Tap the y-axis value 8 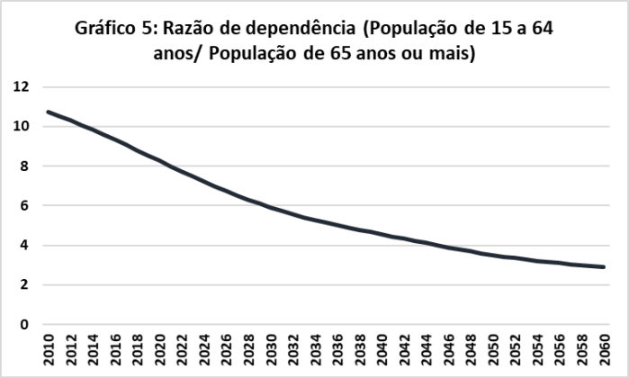click(x=25, y=166)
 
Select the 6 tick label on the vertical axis click(x=25, y=206)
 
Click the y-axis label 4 click(x=25, y=246)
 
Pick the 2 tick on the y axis click(x=25, y=285)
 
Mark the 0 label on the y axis click(x=25, y=325)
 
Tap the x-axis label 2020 click(x=160, y=352)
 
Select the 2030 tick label click(x=271, y=352)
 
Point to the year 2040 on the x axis click(x=382, y=352)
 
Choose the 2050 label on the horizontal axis click(x=494, y=352)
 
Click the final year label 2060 click(x=605, y=352)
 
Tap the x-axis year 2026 click(x=227, y=352)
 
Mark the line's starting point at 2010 click(x=49, y=112)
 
